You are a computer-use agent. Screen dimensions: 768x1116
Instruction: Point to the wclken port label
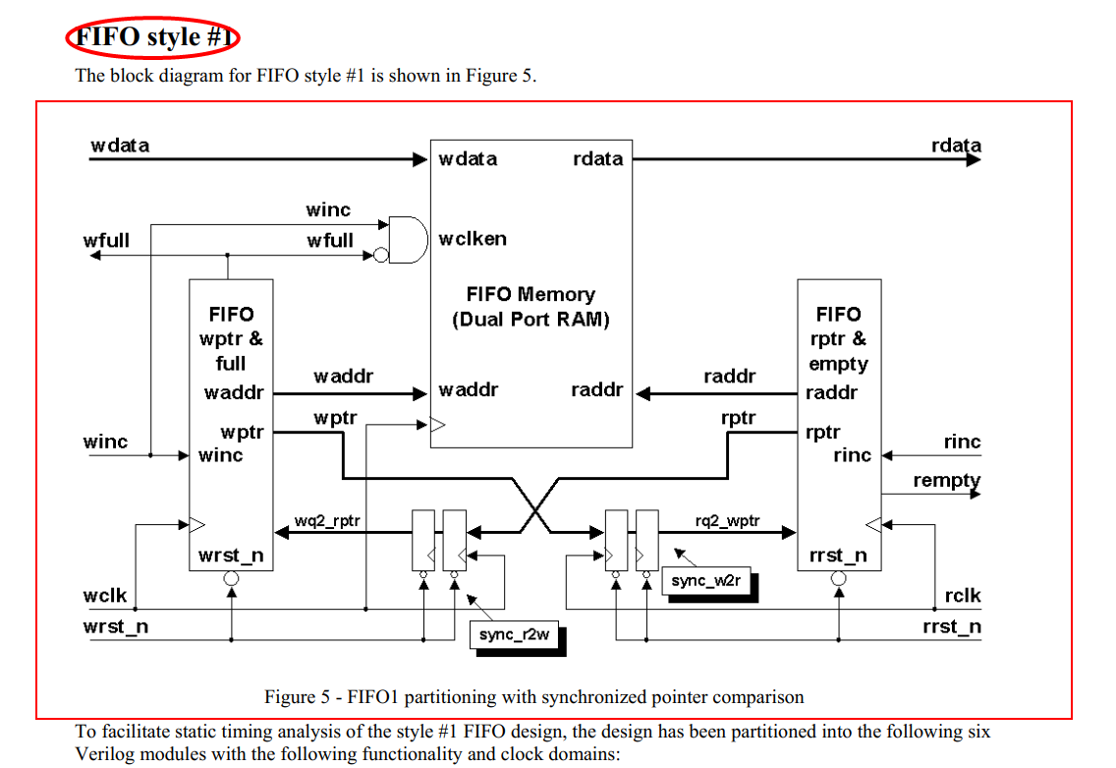click(x=473, y=239)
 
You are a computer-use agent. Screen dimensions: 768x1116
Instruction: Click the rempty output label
click(x=946, y=480)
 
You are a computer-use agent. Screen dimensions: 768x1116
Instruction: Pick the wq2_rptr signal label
click(x=327, y=520)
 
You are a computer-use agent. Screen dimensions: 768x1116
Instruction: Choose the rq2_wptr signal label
click(x=727, y=520)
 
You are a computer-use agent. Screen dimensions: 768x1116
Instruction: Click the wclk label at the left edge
click(x=105, y=596)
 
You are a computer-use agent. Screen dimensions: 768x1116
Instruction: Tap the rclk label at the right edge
click(x=962, y=596)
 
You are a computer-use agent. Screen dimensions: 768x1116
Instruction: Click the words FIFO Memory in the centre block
click(x=530, y=294)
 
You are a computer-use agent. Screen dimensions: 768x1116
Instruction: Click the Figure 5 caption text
click(x=533, y=697)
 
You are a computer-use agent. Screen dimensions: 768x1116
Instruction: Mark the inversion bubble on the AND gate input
click(x=380, y=256)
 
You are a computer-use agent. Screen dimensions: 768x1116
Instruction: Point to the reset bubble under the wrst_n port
click(x=231, y=579)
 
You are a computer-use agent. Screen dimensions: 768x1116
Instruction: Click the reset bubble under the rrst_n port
click(x=838, y=579)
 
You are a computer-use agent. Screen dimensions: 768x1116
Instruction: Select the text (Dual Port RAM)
click(x=530, y=320)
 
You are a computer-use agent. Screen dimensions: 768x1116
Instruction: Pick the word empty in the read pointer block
click(x=838, y=364)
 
